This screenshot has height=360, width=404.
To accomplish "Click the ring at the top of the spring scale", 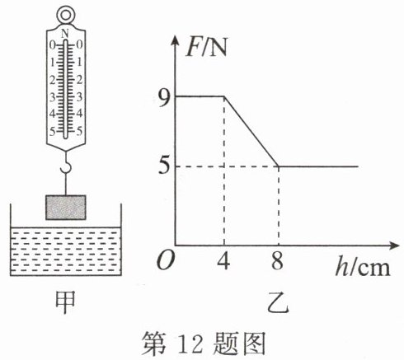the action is click(x=65, y=9).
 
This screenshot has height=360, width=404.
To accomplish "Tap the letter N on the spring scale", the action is click(x=65, y=34).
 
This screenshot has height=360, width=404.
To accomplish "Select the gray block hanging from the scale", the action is click(x=66, y=208).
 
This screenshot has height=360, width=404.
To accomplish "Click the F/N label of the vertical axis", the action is click(x=206, y=49).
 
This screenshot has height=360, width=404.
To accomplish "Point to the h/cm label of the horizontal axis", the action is click(x=363, y=266).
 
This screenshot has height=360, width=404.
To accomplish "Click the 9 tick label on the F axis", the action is click(x=165, y=96).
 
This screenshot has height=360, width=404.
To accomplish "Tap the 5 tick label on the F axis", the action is click(x=164, y=166).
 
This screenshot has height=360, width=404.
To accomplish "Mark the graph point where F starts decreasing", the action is click(x=224, y=96).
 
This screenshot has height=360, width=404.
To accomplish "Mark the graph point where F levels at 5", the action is click(x=279, y=166).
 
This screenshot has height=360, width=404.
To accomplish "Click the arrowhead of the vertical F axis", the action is click(x=175, y=40).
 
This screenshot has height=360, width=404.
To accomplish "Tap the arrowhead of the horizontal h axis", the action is click(x=393, y=245).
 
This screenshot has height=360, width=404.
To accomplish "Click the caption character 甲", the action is click(x=65, y=302).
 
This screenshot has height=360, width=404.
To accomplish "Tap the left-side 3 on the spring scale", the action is click(x=52, y=97).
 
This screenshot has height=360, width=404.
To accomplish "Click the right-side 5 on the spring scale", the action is click(x=79, y=131).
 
